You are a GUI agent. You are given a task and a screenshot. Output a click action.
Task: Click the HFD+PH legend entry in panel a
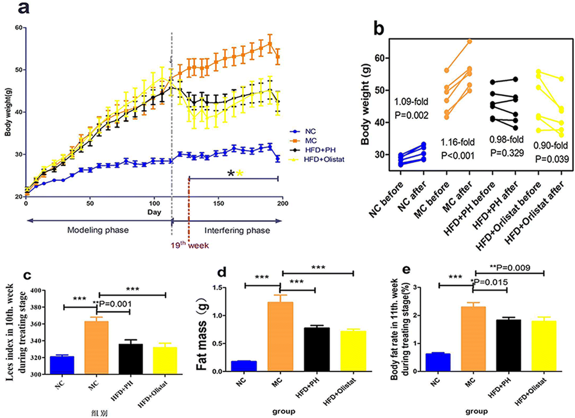(320, 150)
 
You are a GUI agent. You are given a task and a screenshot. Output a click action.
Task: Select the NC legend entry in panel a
(310, 131)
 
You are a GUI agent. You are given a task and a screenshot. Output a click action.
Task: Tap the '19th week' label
(190, 245)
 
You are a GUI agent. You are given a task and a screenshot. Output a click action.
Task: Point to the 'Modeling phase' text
(98, 230)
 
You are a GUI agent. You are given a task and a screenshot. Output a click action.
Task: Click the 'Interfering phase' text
(237, 230)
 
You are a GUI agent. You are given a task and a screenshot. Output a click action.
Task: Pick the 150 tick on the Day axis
(219, 203)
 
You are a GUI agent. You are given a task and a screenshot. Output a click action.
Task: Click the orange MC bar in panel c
(97, 347)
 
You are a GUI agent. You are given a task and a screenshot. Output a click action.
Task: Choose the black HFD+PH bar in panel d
(317, 349)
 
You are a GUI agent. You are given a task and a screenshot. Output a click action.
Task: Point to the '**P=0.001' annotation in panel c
(112, 304)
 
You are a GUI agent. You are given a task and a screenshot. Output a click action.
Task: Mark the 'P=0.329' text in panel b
(507, 153)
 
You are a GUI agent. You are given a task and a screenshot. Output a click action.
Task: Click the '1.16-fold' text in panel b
(458, 142)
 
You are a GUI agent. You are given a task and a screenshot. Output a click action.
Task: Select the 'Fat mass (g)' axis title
(202, 334)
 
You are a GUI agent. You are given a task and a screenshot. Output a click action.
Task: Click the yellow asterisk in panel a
(239, 173)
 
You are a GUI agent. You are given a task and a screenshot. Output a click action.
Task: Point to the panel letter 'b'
(379, 29)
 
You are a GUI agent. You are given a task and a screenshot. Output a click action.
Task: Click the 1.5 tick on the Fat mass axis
(218, 287)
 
